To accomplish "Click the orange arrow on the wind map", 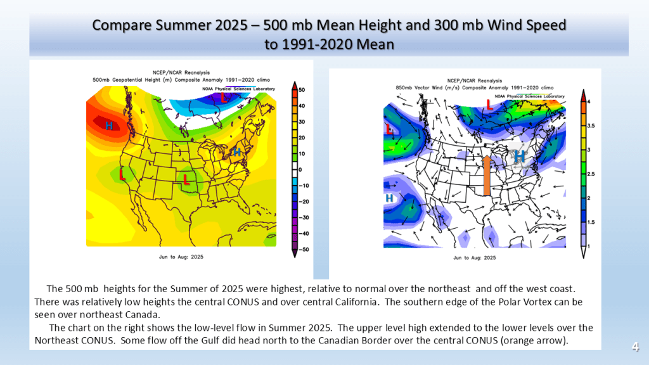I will (486, 176).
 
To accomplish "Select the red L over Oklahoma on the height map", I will (186, 180).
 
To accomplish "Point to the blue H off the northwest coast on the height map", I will (109, 126).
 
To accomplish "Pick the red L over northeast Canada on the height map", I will (224, 98).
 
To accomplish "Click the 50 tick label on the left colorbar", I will (302, 91).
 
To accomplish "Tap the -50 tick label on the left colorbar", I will (303, 250).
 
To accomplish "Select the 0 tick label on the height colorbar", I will (301, 170).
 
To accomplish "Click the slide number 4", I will (634, 347).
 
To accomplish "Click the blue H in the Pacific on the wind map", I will (390, 198).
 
